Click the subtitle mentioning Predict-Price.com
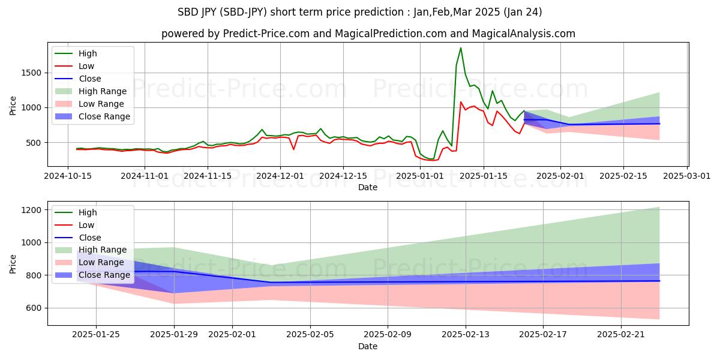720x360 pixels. tap(368, 34)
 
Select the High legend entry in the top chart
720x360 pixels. tap(88, 54)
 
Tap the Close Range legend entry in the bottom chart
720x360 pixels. tap(104, 275)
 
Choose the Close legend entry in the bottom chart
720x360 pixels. tap(89, 238)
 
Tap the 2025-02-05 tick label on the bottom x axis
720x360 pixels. tap(310, 334)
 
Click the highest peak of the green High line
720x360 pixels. tap(461, 48)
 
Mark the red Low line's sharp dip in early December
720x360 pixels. tap(293, 149)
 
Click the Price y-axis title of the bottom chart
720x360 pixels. tap(13, 263)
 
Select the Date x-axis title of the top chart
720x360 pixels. tap(368, 187)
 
